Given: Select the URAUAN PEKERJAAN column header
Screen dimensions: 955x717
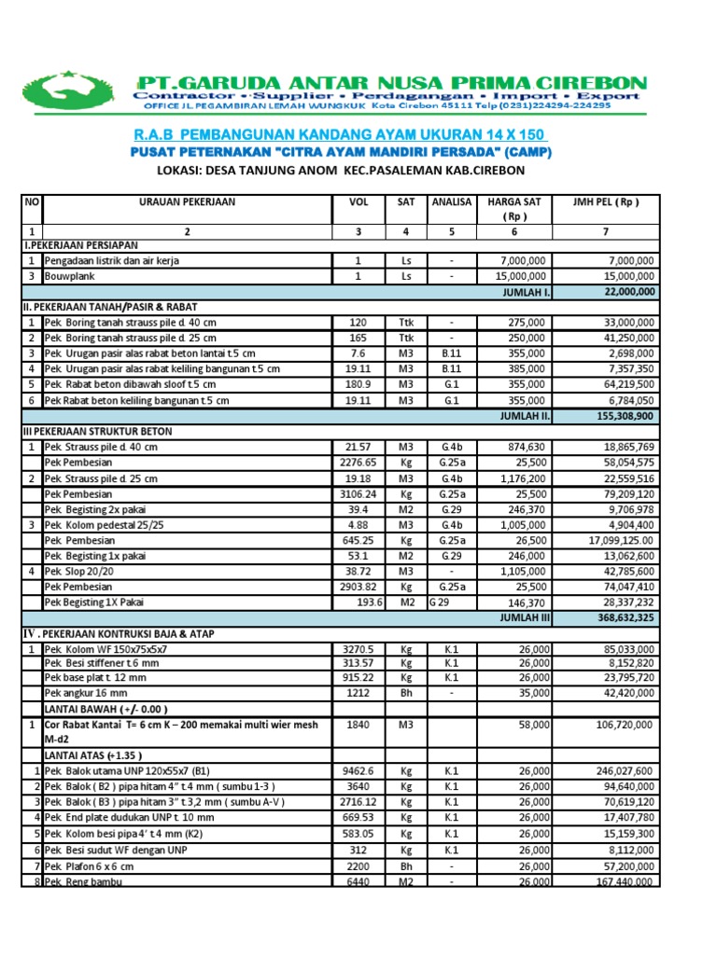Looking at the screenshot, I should [x=187, y=202].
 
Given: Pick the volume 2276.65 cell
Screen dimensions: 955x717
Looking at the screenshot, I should [x=358, y=462].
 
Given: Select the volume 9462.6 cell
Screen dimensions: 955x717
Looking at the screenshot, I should [x=358, y=771].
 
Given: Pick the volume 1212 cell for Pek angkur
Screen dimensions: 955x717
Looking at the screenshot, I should [x=358, y=694].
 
